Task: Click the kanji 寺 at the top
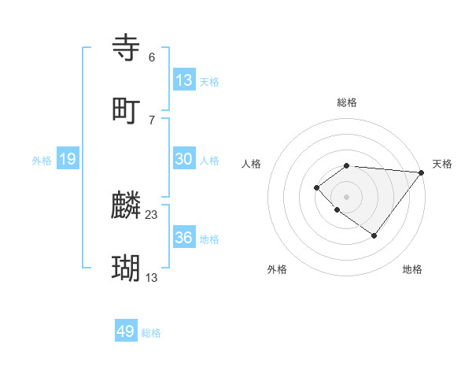[127, 49]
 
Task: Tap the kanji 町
[127, 111]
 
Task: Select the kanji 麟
[127, 206]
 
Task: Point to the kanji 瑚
[127, 268]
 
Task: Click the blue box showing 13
[184, 80]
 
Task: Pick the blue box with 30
[184, 159]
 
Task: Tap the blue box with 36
[184, 238]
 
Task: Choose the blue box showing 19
[68, 159]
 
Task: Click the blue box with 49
[126, 331]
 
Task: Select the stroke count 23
[152, 214]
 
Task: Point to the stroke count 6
[152, 57]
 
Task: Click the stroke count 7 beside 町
[152, 120]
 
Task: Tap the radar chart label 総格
[347, 102]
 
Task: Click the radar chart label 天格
[442, 164]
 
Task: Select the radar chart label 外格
[277, 269]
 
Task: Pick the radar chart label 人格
[252, 164]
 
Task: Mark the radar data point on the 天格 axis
[422, 172]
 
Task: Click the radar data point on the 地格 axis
[374, 235]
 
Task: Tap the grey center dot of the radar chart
[347, 196]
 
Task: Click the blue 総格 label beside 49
[151, 333]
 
